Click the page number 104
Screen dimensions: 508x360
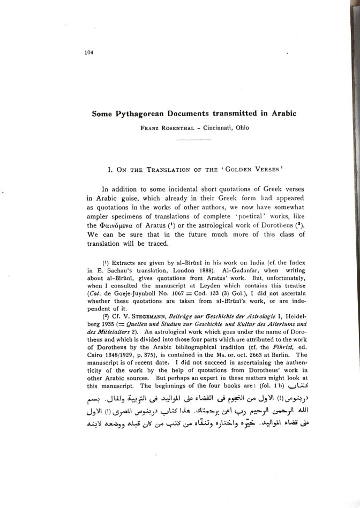[x=88, y=52]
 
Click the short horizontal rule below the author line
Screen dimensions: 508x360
[x=194, y=140]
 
